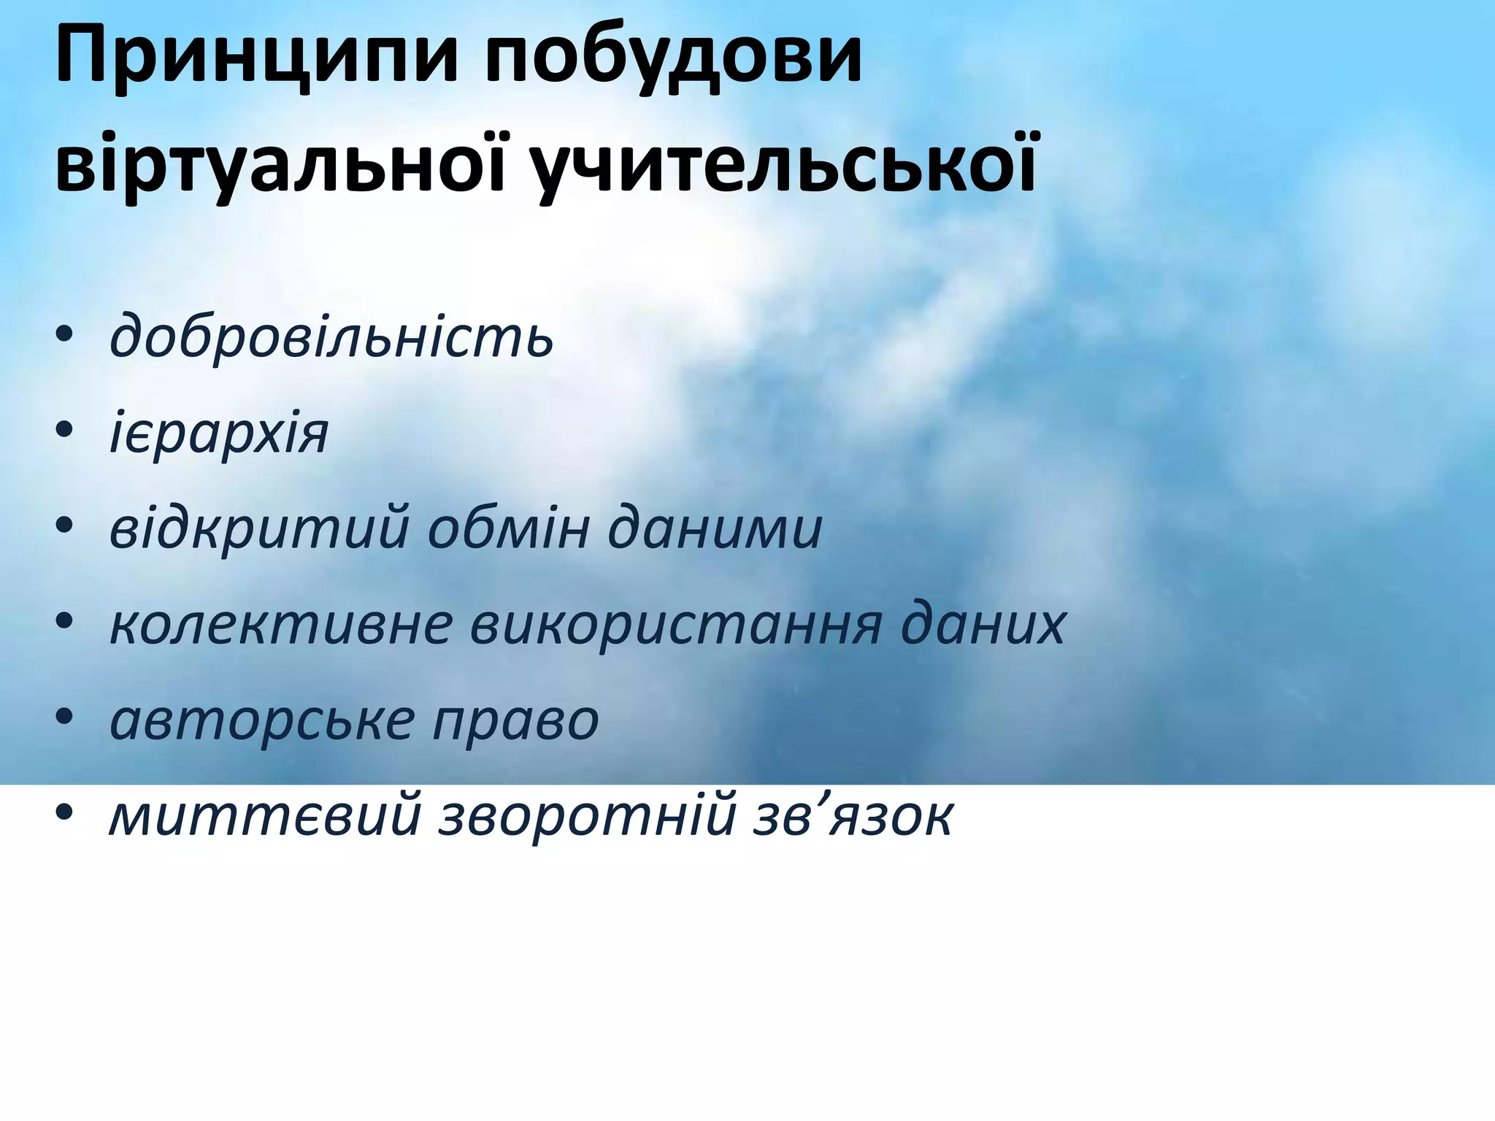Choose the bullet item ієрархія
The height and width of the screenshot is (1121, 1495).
(x=219, y=434)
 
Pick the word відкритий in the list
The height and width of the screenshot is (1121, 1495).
(x=259, y=528)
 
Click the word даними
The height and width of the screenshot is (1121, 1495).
(x=715, y=528)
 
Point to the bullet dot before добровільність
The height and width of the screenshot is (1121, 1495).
(x=64, y=335)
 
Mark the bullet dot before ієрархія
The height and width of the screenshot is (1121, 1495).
(x=64, y=431)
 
